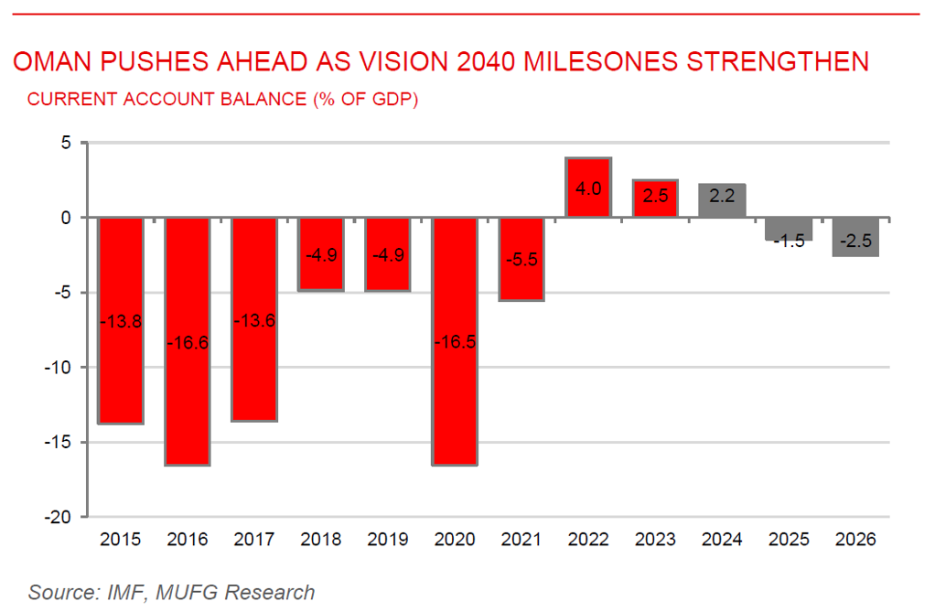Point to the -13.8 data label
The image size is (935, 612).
click(x=121, y=321)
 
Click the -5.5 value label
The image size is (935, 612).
click(x=521, y=259)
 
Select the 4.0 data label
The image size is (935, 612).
click(x=588, y=188)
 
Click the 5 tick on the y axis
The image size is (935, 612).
click(x=67, y=143)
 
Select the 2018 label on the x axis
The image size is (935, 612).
click(x=321, y=540)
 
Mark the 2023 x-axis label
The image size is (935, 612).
click(x=655, y=540)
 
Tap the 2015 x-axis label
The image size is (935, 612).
click(x=121, y=540)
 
